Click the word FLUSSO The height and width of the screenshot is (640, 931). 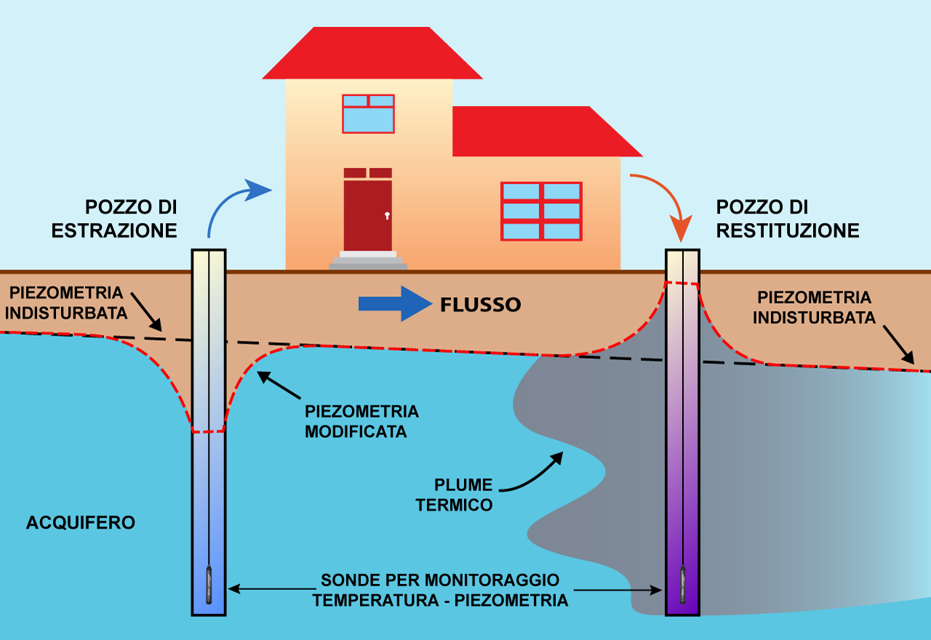click(x=480, y=304)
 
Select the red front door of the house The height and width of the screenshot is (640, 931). click(x=368, y=214)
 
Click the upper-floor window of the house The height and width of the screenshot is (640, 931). click(x=368, y=113)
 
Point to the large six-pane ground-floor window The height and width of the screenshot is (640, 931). click(x=541, y=211)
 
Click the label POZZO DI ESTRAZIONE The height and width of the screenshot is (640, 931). click(x=114, y=219)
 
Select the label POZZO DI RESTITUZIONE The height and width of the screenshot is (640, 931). click(x=788, y=219)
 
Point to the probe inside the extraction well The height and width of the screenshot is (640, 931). click(x=209, y=584)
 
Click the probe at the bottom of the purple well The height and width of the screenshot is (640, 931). click(x=683, y=584)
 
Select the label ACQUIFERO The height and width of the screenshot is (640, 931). click(x=81, y=522)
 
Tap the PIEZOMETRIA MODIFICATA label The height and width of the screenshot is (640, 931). click(x=361, y=421)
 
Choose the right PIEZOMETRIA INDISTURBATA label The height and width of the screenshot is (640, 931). click(x=814, y=307)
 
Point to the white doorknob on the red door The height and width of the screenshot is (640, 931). click(x=387, y=216)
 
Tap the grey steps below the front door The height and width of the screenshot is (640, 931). click(x=368, y=262)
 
